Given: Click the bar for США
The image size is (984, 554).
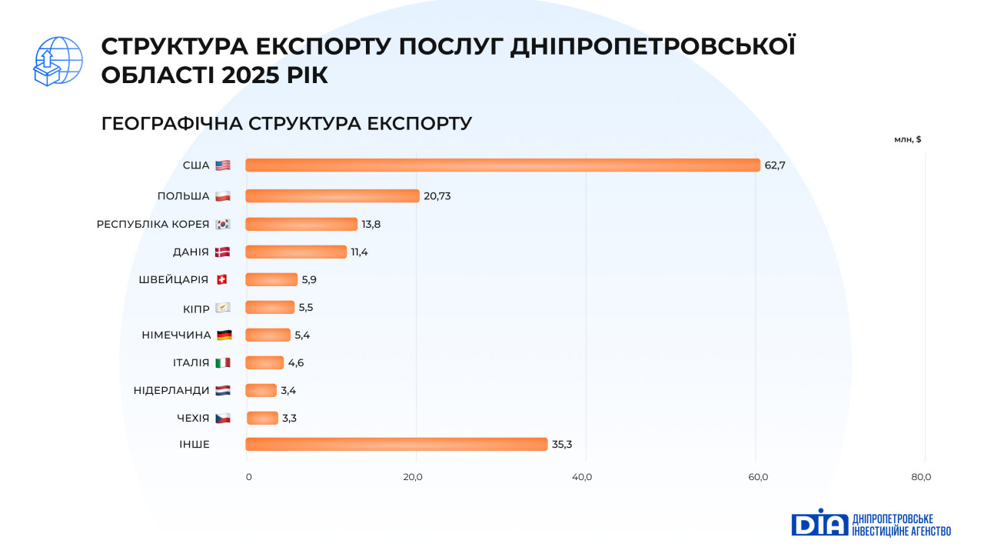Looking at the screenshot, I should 503,165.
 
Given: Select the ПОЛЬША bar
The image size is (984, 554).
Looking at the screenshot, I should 332,196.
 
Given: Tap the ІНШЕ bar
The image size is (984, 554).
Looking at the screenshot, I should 396,444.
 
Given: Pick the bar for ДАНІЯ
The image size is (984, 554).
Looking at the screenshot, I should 296,252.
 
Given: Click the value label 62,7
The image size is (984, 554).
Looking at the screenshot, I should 775,165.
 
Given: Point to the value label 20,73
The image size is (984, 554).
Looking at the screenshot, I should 437,196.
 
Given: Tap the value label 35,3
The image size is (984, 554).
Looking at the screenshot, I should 561,444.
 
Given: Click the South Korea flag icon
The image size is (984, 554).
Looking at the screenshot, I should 223,224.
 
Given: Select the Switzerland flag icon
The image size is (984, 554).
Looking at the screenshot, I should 222,279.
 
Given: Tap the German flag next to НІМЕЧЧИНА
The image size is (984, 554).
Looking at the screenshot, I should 224,335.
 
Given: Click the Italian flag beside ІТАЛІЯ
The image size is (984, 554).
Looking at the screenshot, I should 223,362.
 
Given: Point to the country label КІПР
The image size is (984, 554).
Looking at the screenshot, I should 196,307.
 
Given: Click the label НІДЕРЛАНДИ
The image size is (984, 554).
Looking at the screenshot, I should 171,390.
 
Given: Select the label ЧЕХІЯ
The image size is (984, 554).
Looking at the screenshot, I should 192,418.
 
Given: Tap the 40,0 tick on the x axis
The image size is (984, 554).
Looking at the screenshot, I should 582,477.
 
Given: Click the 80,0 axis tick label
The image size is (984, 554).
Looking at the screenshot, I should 921,477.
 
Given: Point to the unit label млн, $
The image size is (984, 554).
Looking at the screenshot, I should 907,139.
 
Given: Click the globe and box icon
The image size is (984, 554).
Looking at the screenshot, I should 58,61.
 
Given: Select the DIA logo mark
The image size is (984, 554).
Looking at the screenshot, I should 819,522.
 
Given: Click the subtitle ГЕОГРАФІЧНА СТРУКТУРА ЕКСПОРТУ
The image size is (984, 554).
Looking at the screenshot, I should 286,123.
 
